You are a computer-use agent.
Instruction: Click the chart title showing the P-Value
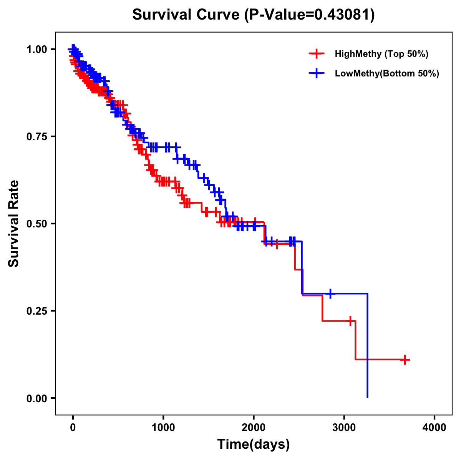pos(254,15)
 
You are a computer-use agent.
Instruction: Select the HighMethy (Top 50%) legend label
pos(381,54)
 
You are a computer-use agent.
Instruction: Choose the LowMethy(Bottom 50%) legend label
pos(387,73)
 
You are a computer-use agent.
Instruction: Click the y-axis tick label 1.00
pos(37,49)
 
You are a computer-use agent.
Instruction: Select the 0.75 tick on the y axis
pos(37,136)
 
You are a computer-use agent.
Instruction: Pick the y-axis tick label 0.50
pos(37,224)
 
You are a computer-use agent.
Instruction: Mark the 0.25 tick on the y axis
pos(37,311)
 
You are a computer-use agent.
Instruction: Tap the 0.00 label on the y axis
pos(37,398)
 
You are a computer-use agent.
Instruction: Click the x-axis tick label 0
pos(73,428)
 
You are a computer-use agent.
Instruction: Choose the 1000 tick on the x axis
pos(163,428)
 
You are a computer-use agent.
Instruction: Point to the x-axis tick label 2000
pos(254,428)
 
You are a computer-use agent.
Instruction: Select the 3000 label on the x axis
pos(344,428)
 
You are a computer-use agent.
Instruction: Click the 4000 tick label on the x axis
pos(434,428)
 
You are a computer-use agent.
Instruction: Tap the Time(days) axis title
pos(254,444)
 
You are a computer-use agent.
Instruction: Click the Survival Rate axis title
pos(14,224)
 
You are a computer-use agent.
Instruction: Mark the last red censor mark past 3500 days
pos(405,360)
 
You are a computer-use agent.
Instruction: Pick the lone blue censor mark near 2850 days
pos(330,294)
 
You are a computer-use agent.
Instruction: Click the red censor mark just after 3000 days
pos(350,321)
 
